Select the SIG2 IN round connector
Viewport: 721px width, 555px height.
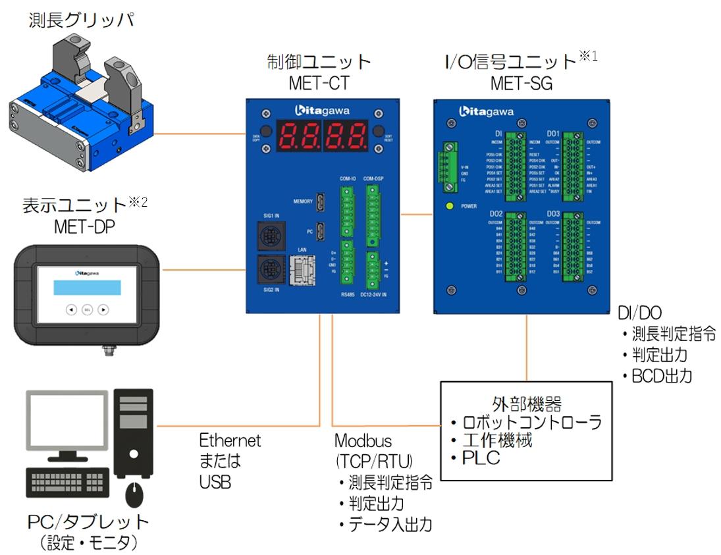[270, 268]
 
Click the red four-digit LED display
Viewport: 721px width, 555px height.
[322, 135]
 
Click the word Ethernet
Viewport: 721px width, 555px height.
[230, 440]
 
